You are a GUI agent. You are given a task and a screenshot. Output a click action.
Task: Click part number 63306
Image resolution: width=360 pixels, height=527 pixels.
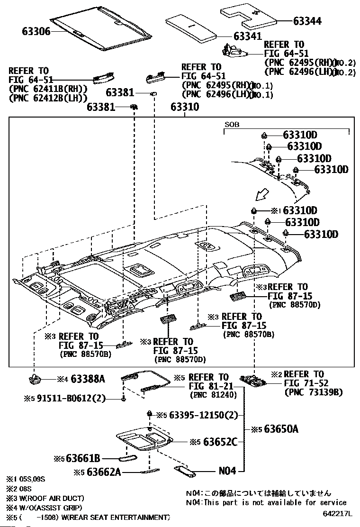36,31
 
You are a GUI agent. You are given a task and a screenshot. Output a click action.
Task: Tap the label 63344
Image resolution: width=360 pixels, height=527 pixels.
307,21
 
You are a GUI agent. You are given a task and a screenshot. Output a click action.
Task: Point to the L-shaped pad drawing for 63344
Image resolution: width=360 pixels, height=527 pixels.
249,16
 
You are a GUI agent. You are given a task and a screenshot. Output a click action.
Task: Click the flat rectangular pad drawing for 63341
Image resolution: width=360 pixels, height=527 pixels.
191,28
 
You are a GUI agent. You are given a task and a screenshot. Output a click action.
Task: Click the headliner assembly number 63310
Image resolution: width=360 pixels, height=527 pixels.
185,108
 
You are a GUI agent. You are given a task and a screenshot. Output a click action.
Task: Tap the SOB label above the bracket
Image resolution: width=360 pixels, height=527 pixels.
232,125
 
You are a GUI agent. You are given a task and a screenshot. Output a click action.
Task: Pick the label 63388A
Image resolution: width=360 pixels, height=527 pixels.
88,379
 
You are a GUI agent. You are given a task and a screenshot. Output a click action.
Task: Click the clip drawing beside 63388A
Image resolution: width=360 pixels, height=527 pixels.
35,379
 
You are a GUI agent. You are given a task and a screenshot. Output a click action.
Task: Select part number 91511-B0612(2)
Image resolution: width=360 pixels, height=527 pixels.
68,398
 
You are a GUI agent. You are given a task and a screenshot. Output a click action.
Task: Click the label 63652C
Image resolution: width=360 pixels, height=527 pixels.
220,442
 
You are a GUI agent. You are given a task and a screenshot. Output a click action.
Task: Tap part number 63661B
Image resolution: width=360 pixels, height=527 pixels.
82,458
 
